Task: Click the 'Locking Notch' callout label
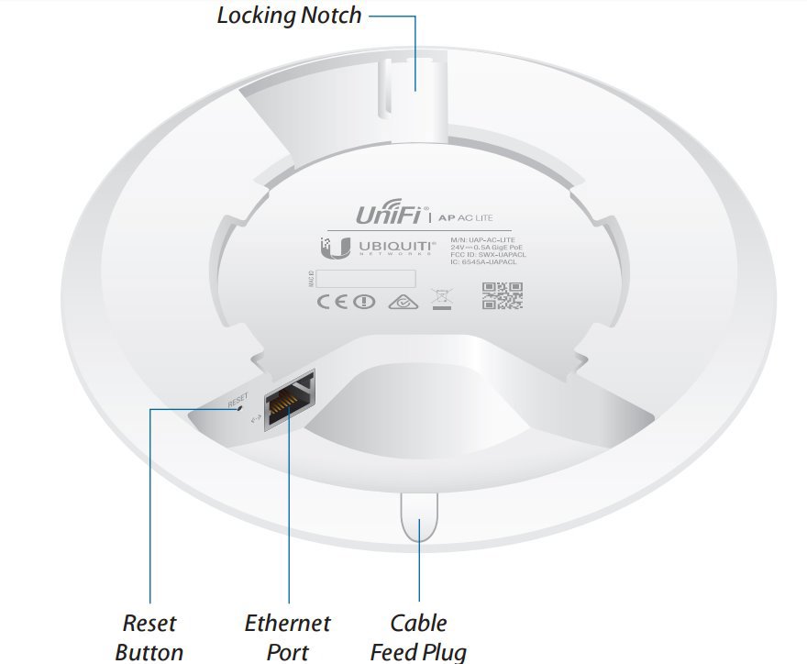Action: (289, 16)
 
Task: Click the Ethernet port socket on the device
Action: (289, 400)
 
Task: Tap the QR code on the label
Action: (502, 295)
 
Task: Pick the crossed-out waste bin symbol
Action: (442, 298)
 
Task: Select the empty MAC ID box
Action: (367, 278)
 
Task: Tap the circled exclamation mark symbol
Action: (365, 301)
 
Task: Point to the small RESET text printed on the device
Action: (238, 400)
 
